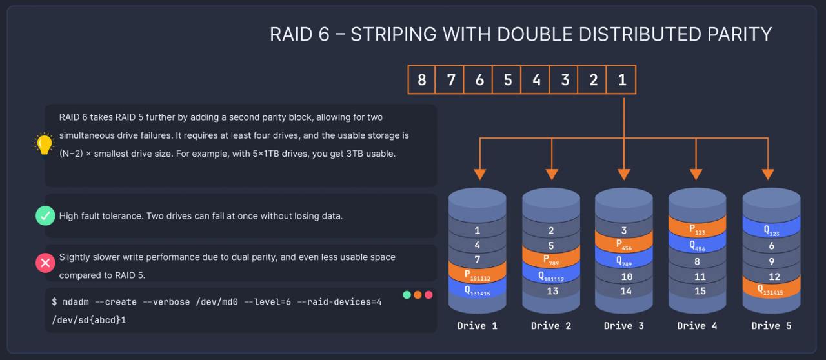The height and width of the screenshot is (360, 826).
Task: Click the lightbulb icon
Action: click(44, 144)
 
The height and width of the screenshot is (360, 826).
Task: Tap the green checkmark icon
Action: click(45, 216)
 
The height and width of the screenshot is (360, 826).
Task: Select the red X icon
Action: click(45, 263)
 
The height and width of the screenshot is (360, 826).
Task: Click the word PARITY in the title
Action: click(734, 34)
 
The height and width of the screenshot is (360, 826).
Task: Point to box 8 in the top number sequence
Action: click(422, 80)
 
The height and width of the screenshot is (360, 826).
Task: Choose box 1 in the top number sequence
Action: click(621, 80)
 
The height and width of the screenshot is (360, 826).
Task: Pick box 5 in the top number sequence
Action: click(508, 80)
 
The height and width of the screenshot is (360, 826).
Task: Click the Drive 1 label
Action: click(478, 326)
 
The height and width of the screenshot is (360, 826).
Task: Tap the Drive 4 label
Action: click(697, 326)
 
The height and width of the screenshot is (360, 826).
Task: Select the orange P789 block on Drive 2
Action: click(551, 261)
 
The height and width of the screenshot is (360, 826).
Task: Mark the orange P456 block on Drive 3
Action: click(624, 245)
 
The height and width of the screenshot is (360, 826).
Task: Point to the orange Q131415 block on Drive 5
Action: click(771, 291)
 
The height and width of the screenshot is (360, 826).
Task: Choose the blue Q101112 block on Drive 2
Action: click(551, 276)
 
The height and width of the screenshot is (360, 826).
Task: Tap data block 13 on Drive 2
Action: click(551, 291)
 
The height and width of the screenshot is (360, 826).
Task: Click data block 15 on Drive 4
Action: click(697, 291)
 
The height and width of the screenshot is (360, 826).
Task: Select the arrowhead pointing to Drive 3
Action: click(624, 174)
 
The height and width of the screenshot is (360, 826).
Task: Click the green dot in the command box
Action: click(407, 295)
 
